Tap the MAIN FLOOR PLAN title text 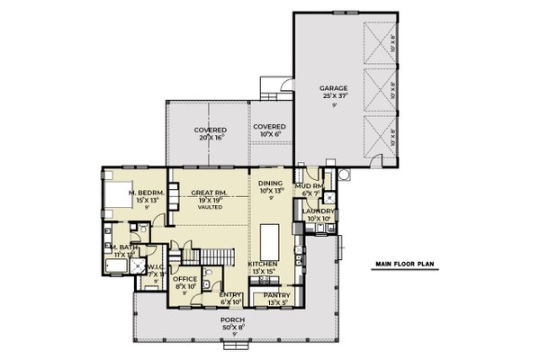[405, 264]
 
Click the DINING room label [271, 184]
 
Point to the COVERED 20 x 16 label [210, 130]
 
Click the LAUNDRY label [319, 211]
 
